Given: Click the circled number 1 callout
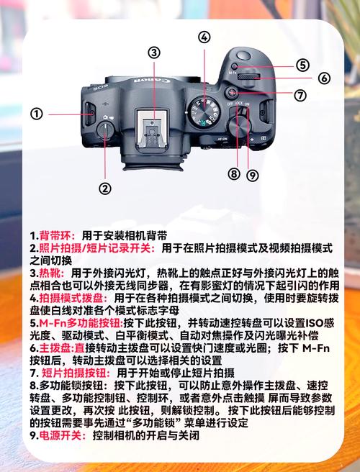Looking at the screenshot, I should (x=37, y=114).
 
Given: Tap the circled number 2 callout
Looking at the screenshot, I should (x=105, y=189).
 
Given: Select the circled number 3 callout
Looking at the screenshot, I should (x=154, y=52).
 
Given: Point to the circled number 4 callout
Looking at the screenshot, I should (x=205, y=37).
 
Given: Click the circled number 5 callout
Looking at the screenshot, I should (x=301, y=65).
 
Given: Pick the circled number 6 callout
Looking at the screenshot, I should (x=324, y=78).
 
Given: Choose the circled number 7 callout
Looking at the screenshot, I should (x=300, y=95).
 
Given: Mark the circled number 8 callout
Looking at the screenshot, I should (x=233, y=173).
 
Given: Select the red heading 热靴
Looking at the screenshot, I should (x=52, y=274).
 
